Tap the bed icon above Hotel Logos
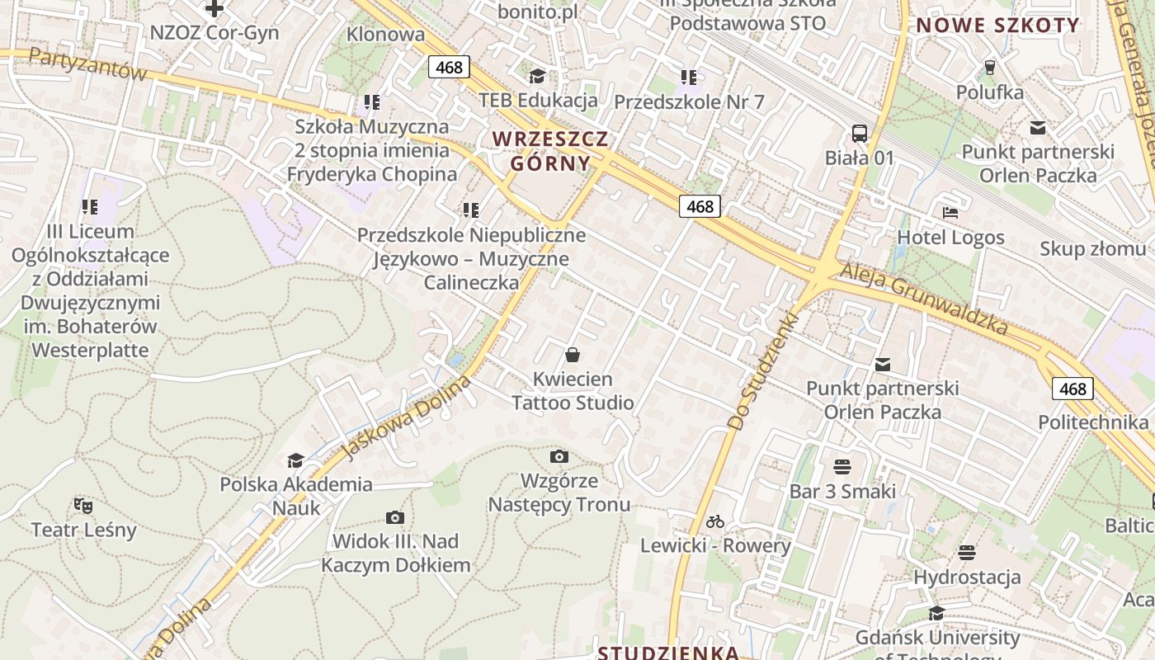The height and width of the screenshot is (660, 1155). pyautogui.click(x=950, y=213)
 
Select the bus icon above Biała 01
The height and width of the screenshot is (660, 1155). pyautogui.click(x=860, y=133)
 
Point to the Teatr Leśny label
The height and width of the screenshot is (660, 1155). pyautogui.click(x=83, y=529)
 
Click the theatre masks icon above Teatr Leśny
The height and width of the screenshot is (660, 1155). pyautogui.click(x=82, y=505)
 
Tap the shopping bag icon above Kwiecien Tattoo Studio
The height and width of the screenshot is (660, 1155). pyautogui.click(x=573, y=356)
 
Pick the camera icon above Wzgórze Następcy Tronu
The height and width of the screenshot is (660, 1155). pyautogui.click(x=559, y=456)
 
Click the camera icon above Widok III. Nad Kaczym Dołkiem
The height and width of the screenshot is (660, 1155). pyautogui.click(x=395, y=518)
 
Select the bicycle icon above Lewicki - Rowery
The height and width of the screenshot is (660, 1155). pyautogui.click(x=715, y=521)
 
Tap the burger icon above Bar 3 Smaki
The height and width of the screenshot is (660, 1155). pyautogui.click(x=841, y=467)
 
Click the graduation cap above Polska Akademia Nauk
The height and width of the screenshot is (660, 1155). pyautogui.click(x=295, y=460)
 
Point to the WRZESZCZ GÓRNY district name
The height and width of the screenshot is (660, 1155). pyautogui.click(x=550, y=150)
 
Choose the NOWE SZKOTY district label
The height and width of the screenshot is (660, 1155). pyautogui.click(x=997, y=25)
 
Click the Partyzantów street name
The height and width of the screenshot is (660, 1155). pyautogui.click(x=87, y=64)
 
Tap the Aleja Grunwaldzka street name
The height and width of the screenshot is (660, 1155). pyautogui.click(x=923, y=299)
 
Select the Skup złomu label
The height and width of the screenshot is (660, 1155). pyautogui.click(x=1092, y=248)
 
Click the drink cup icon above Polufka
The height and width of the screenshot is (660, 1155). pyautogui.click(x=990, y=68)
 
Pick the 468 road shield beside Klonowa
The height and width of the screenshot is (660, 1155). pyautogui.click(x=449, y=67)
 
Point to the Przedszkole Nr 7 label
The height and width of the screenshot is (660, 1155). pyautogui.click(x=689, y=102)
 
